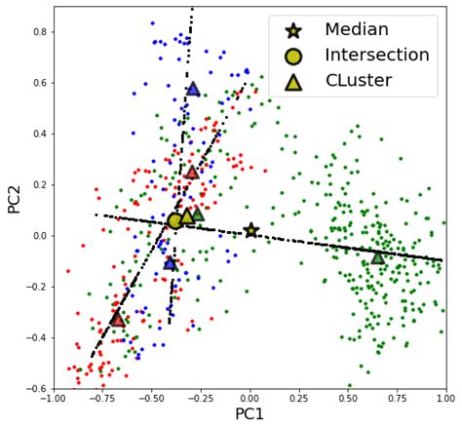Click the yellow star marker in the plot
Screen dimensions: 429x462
point(251,230)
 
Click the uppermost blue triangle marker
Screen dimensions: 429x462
point(193,89)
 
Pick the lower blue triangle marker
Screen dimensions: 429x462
point(171,262)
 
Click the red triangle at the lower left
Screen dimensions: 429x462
point(118,318)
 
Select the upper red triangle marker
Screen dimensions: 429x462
point(193,172)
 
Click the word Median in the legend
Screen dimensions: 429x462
point(358,31)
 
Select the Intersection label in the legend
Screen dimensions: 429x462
point(376,56)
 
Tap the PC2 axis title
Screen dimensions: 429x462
point(13,198)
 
